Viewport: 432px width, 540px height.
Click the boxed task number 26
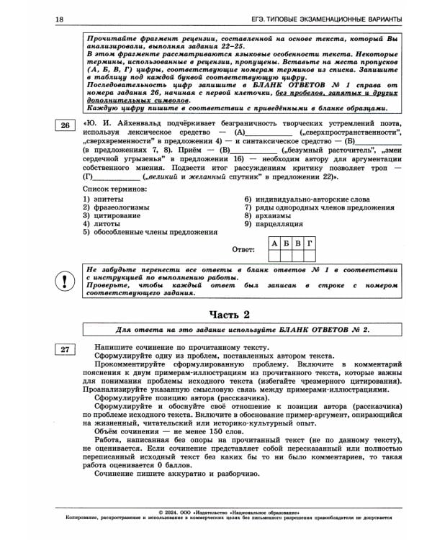point(65,125)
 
